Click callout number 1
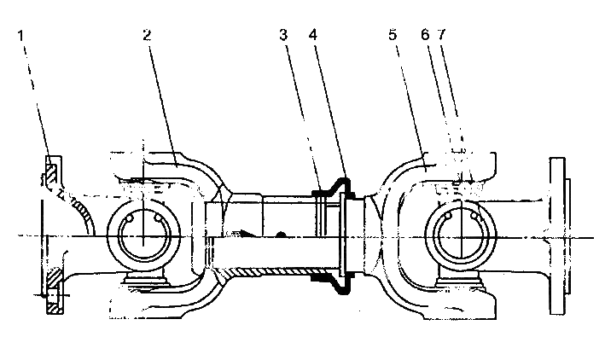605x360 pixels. [20, 36]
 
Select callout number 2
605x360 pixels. [147, 35]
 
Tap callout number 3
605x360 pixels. [283, 35]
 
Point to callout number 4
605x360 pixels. [313, 35]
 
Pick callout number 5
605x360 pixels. [393, 35]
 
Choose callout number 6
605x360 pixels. [425, 35]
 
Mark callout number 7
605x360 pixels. [442, 35]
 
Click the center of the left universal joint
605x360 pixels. [143, 235]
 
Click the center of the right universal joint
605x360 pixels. [461, 236]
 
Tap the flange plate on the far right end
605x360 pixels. [557, 235]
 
